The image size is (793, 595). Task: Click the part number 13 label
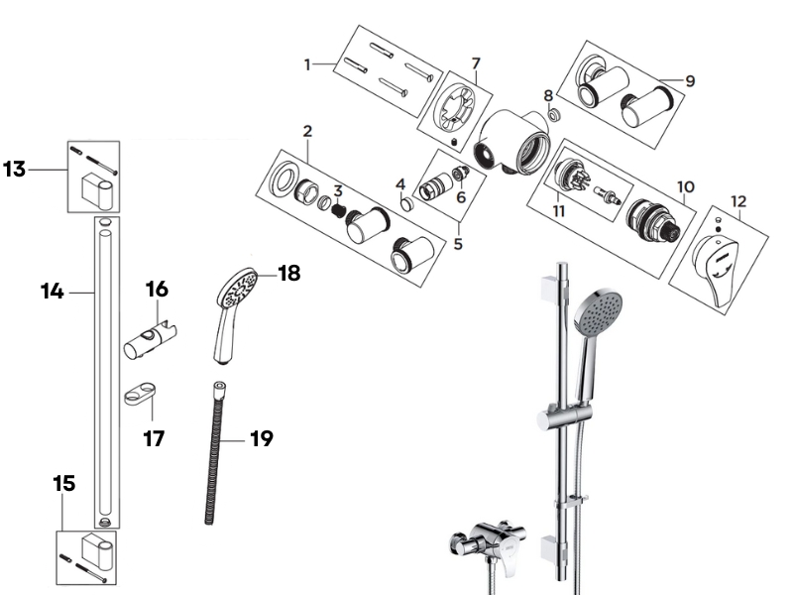tap(15, 170)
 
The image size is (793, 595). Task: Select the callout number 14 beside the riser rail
tap(52, 292)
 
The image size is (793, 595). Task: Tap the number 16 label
tap(157, 290)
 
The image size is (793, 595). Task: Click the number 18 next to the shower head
tap(288, 274)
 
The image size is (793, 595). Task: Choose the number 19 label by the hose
tap(261, 437)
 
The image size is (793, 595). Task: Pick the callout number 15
tap(63, 484)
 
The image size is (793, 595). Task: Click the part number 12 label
tap(737, 202)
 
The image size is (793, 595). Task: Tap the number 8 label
tap(548, 95)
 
